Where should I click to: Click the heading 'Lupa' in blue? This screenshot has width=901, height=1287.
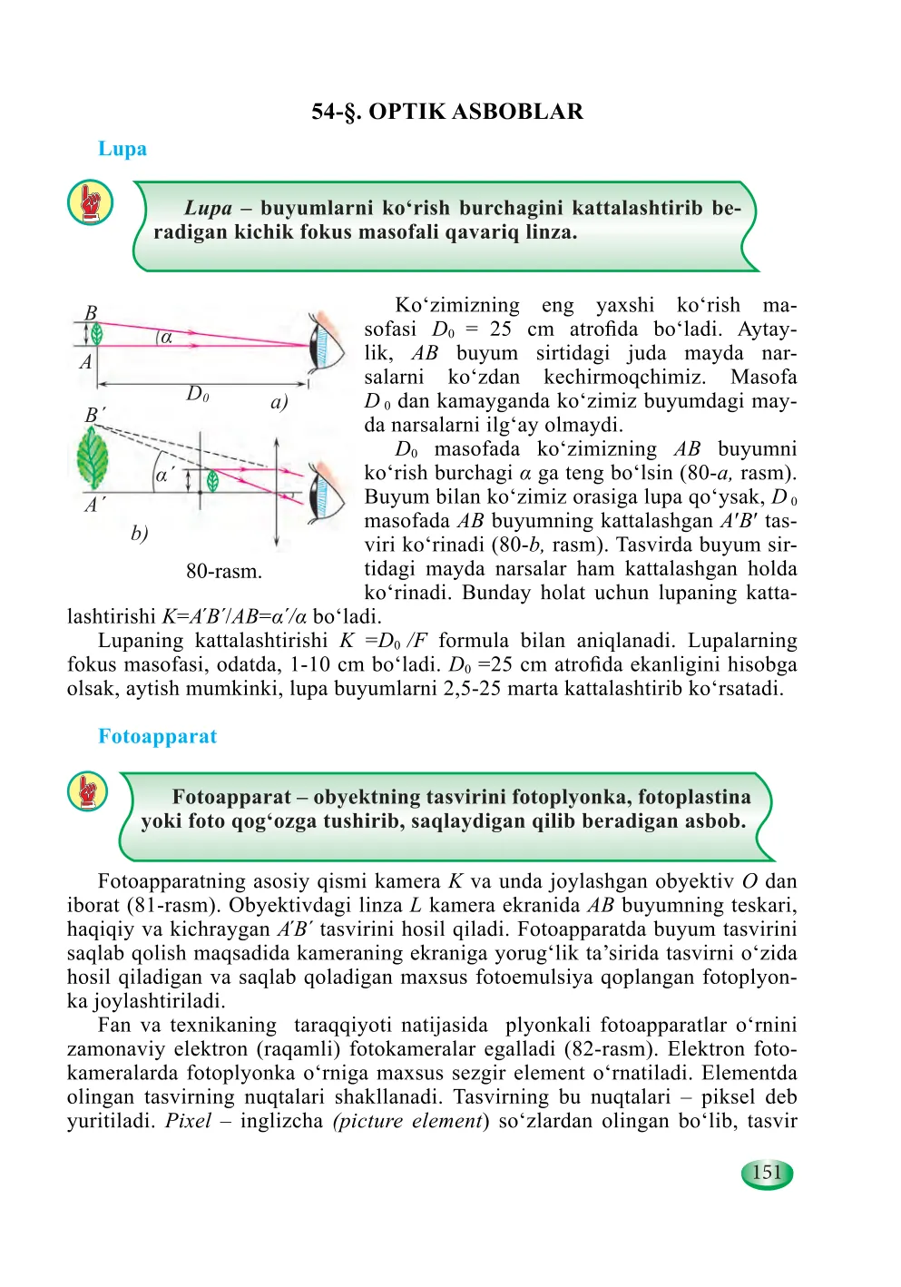122,149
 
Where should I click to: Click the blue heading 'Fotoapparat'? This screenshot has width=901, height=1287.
157,736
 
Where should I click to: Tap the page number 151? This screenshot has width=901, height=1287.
767,1173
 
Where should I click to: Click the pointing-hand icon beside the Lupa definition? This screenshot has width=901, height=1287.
90,202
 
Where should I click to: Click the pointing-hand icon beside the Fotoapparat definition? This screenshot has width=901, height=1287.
88,791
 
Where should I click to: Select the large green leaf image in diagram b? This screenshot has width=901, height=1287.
93,457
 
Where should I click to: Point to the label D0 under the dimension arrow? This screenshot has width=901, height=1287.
198,394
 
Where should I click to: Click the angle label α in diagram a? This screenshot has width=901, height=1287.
167,337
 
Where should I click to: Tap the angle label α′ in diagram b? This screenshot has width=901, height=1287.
165,475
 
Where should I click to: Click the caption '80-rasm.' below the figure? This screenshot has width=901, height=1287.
224,572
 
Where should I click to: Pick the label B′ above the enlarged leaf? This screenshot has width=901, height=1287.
94,416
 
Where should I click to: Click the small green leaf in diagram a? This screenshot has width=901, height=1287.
96,334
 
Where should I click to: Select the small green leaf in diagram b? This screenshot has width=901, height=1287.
212,481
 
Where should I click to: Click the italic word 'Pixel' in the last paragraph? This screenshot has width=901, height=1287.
188,1121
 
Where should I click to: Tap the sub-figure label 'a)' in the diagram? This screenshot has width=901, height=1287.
279,402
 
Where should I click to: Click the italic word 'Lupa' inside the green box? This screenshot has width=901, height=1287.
209,209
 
